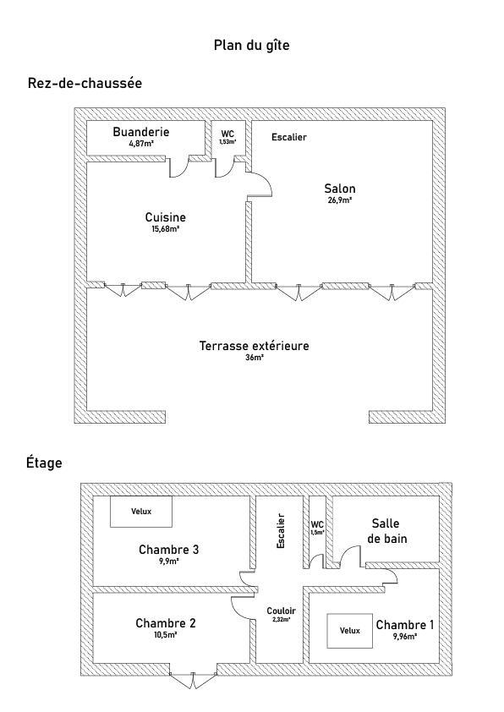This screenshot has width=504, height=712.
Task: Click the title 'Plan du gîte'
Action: point(251,46)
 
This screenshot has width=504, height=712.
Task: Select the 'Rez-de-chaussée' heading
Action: point(85,83)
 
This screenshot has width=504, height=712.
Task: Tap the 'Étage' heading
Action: point(44,463)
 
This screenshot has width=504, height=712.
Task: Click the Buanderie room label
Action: point(140,132)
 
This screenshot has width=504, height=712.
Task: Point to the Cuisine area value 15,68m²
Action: point(165,229)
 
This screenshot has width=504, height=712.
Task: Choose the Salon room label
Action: point(340,189)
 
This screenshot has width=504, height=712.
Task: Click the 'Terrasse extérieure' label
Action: point(255,346)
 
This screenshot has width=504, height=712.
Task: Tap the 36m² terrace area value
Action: point(255,358)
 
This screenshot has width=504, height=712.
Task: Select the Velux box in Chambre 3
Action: point(141,512)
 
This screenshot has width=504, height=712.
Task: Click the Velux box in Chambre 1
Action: point(349,631)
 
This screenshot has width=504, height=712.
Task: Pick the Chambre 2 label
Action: point(165,623)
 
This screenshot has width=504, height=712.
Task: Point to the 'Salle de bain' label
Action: point(386,531)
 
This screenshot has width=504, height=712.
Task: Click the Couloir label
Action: point(281,611)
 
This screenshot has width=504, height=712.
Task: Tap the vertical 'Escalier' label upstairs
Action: point(281,531)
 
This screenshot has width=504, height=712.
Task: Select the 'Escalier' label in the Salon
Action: point(288,137)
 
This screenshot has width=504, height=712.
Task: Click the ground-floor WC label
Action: point(227,134)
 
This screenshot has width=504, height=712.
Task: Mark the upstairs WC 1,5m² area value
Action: point(317,532)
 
